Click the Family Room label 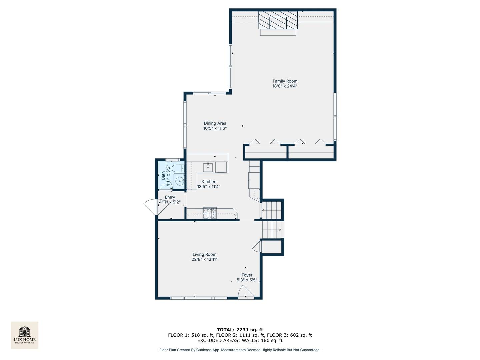285,81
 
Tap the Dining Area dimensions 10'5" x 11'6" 215,128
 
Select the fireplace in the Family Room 278,20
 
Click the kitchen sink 208,167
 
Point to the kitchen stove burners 210,213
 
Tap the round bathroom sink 180,182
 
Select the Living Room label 204,254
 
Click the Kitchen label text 209,182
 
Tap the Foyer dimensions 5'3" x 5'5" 247,280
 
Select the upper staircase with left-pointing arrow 272,210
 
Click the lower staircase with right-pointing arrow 272,230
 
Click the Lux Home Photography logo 25,335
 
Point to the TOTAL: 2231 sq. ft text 240,330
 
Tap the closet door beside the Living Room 257,247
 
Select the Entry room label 170,197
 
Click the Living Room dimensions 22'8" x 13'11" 204,259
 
